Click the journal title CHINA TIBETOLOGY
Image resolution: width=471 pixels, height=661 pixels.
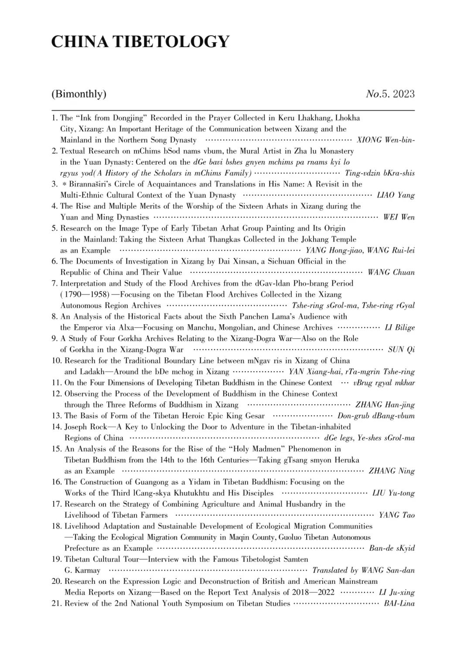(140, 42)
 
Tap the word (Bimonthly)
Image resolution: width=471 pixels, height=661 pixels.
(78, 94)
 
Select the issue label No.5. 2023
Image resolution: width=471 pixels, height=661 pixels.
(390, 94)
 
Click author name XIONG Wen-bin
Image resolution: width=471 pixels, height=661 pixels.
(386, 140)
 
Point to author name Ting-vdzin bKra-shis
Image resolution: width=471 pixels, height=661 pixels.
(379, 173)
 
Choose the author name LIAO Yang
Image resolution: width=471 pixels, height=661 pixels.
(396, 195)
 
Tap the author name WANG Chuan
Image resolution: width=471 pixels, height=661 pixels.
(391, 272)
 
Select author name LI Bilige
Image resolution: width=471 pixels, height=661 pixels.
(399, 327)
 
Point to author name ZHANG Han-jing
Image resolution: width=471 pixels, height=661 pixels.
(385, 405)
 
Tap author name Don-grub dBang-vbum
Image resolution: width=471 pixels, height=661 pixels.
(376, 416)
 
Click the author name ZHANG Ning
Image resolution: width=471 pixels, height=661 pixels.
(392, 471)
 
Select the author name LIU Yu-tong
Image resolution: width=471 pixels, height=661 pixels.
(393, 493)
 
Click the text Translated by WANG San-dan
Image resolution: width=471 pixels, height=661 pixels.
(363, 570)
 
